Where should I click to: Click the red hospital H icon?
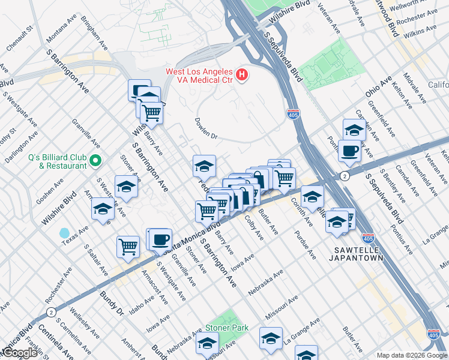tap(241, 74)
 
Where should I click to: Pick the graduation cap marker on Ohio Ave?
tap(354, 129)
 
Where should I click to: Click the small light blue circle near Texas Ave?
tap(64, 233)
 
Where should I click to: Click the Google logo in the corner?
tap(20, 353)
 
